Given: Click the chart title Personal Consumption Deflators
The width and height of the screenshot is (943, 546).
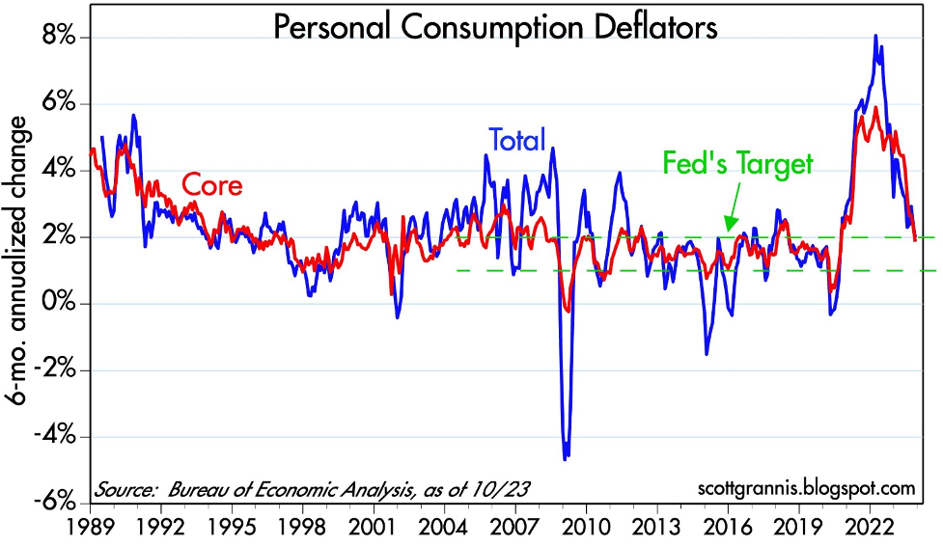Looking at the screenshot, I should pos(495,27).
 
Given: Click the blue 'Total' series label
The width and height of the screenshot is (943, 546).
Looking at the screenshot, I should pos(517,141).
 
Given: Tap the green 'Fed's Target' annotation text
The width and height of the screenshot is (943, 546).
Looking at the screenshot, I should pos(738,164).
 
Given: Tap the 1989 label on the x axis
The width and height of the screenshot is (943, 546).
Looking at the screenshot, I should pos(91,529).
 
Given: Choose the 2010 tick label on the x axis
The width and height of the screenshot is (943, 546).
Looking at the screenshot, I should pos(588,529).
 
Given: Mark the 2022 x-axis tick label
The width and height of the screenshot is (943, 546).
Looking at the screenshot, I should pos(872,529).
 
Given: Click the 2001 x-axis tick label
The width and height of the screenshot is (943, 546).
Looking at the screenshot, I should pos(374,529).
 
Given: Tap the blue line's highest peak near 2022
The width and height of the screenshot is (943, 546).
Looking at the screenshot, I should pos(874,37).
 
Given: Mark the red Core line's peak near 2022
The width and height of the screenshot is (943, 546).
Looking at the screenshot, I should pos(874,108).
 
